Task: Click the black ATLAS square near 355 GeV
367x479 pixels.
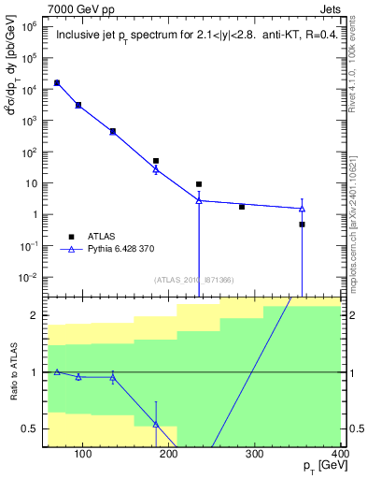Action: coord(302,225)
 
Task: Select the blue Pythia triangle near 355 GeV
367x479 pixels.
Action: coord(302,209)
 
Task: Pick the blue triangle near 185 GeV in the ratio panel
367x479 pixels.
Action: coord(156,424)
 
